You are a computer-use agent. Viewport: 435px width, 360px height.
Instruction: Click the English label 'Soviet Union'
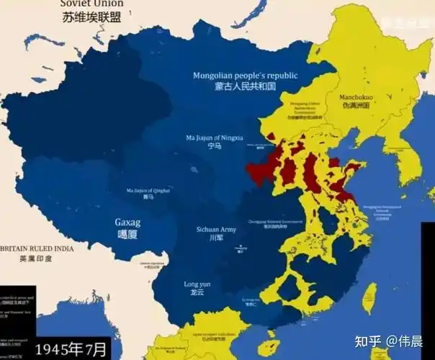[x=91, y=4]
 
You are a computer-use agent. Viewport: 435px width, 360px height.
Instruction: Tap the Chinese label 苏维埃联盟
[x=91, y=17]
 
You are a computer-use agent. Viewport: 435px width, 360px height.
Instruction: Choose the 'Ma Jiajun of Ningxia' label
[x=215, y=137]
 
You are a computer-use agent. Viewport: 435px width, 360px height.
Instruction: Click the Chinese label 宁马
[x=214, y=146]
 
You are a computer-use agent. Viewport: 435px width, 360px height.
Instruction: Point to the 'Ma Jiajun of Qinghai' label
[x=148, y=190]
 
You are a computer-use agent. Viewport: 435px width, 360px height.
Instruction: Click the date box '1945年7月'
[x=71, y=349]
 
